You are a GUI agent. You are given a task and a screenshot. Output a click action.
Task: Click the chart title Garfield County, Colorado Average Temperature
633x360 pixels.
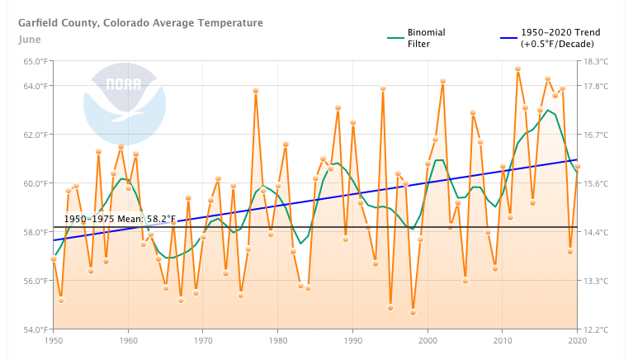pyautogui.click(x=140, y=22)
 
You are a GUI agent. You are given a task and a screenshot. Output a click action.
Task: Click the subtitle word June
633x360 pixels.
pyautogui.click(x=30, y=39)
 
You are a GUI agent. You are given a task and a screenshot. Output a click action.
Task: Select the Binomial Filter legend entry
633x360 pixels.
pyautogui.click(x=426, y=38)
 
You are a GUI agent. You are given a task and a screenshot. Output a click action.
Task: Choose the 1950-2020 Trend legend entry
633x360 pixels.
pyautogui.click(x=560, y=38)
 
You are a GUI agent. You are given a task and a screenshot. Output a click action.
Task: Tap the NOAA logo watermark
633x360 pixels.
pyautogui.click(x=125, y=103)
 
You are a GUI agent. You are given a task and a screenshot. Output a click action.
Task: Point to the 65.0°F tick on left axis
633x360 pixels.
pyautogui.click(x=35, y=61)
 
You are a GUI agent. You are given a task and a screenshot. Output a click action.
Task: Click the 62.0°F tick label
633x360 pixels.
pyautogui.click(x=35, y=135)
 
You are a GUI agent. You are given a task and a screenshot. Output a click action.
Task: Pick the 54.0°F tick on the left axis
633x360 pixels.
pyautogui.click(x=35, y=329)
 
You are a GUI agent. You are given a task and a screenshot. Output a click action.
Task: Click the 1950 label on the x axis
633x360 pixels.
pyautogui.click(x=54, y=340)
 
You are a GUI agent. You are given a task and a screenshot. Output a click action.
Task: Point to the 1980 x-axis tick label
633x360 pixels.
pyautogui.click(x=278, y=340)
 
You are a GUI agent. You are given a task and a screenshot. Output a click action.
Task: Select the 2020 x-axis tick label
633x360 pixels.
pyautogui.click(x=577, y=340)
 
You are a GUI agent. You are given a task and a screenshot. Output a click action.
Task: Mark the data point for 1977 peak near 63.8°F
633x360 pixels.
pyautogui.click(x=256, y=91)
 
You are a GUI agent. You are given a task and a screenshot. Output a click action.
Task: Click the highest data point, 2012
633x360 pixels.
pyautogui.click(x=517, y=69)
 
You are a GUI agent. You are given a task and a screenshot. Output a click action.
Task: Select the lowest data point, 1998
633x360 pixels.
pyautogui.click(x=413, y=312)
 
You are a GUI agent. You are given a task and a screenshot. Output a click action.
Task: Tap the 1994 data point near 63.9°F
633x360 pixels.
pyautogui.click(x=383, y=88)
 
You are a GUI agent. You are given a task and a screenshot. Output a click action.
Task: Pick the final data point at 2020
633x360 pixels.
pyautogui.click(x=578, y=166)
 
